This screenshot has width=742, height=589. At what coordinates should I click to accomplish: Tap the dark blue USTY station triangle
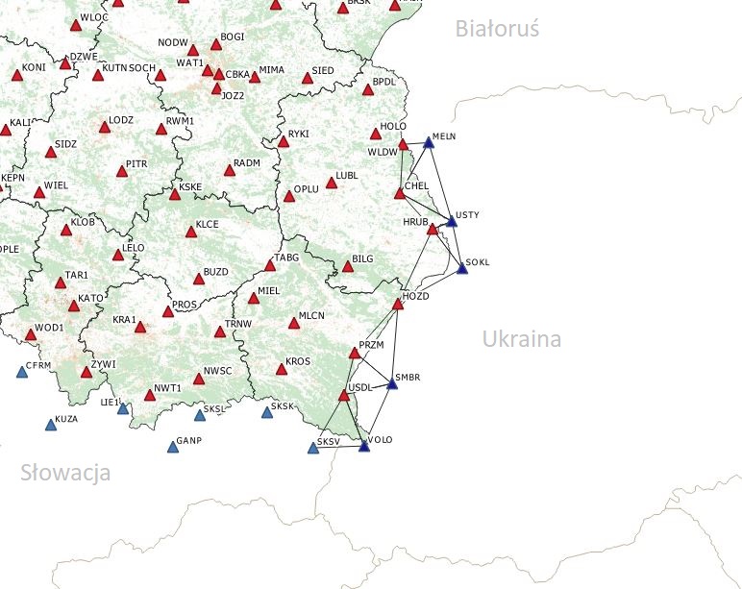451,221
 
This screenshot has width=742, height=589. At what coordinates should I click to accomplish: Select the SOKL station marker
461,268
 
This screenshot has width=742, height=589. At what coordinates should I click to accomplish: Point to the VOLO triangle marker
363,445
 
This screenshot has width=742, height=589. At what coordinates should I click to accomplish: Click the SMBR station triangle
392,383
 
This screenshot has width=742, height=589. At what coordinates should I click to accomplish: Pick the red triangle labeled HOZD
398,304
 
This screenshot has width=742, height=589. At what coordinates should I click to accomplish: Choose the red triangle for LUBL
332,182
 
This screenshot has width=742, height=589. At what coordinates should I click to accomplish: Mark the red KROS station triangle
281,368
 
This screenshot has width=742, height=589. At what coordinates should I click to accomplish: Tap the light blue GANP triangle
173,446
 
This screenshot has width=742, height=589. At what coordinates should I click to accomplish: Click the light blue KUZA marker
51,424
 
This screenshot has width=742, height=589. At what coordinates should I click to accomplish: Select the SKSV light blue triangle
313,447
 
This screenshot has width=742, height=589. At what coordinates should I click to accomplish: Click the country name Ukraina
522,339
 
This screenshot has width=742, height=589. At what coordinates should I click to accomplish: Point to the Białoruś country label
497,29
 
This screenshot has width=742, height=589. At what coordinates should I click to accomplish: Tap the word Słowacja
65,473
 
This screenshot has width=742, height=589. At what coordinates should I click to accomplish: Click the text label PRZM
371,343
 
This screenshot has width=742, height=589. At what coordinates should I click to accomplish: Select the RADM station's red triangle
229,170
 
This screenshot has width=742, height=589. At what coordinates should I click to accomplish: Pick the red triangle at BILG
348,265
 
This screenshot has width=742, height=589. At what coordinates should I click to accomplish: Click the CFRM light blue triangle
22,371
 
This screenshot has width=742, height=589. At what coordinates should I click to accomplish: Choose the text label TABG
287,258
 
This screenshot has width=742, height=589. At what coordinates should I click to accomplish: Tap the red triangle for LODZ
105,126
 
